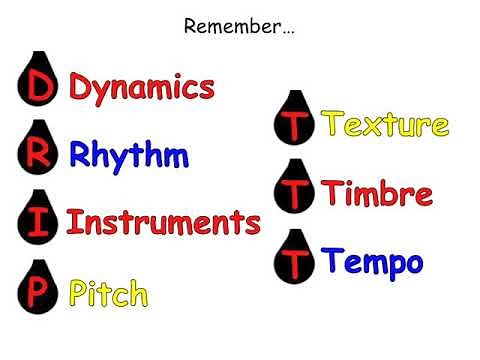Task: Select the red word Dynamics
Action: click(142, 88)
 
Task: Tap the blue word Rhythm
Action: click(129, 156)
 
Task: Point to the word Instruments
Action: click(163, 221)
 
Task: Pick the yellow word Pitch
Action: click(109, 293)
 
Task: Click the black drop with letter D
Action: click(39, 87)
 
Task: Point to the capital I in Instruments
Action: click(73, 221)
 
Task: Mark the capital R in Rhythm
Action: click(81, 156)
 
